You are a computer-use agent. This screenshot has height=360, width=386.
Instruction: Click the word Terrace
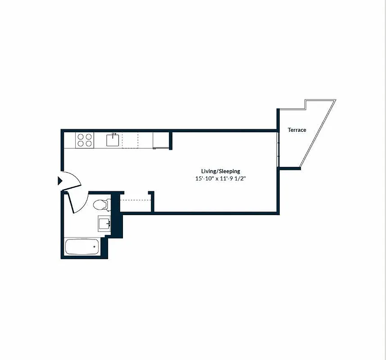pyautogui.click(x=297, y=130)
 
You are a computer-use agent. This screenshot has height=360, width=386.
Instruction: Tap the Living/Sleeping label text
pyautogui.click(x=220, y=171)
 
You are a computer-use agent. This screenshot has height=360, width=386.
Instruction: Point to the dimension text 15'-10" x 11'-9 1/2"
pyautogui.click(x=220, y=179)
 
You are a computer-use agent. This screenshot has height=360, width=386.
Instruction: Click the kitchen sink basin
pyautogui.click(x=113, y=140)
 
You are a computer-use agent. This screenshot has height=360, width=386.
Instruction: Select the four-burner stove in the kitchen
pyautogui.click(x=85, y=140)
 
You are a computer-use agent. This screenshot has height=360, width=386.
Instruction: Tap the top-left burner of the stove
pyautogui.click(x=81, y=136)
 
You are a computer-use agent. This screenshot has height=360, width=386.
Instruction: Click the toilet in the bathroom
pyautogui.click(x=101, y=205)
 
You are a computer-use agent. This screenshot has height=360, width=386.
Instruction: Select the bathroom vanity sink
pyautogui.click(x=104, y=224)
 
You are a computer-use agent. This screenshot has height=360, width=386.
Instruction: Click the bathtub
pyautogui.click(x=82, y=247)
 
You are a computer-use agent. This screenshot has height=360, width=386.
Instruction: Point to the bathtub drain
pyautogui.click(x=94, y=247)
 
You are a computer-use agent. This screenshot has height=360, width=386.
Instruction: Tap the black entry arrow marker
pyautogui.click(x=59, y=181)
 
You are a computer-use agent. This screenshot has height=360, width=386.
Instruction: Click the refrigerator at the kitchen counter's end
pyautogui.click(x=160, y=140)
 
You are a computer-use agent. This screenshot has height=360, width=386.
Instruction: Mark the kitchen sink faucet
pyautogui.click(x=114, y=134)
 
